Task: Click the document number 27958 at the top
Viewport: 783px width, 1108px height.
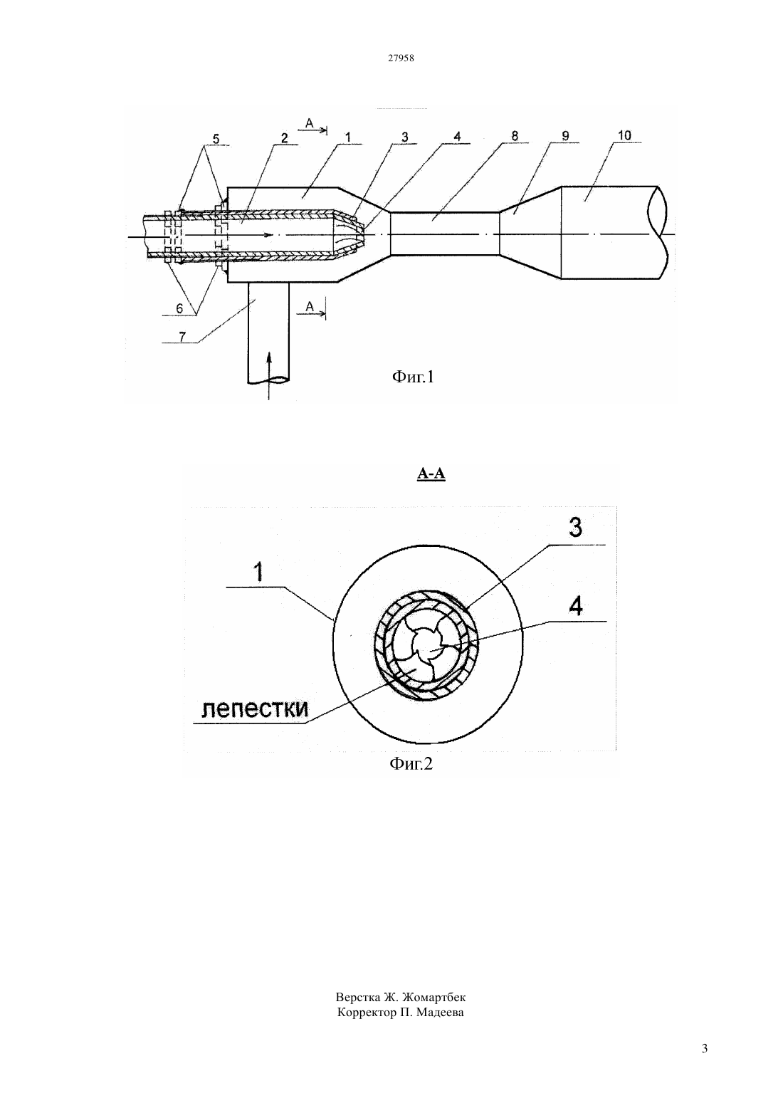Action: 401,58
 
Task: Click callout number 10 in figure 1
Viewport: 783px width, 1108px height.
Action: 624,135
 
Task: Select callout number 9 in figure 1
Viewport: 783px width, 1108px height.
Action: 565,135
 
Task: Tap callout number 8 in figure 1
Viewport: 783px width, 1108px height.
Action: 515,135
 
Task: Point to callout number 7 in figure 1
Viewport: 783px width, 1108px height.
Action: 182,337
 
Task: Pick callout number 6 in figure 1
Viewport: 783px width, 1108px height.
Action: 179,308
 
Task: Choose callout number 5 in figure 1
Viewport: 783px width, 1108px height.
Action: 216,139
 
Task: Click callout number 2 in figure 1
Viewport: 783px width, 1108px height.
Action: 284,137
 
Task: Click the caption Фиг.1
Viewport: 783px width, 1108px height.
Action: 413,377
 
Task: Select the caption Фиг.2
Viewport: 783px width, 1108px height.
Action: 411,764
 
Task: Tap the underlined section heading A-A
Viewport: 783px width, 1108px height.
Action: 431,474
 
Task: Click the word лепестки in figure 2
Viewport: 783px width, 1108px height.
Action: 255,709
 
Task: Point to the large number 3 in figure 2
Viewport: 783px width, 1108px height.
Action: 575,528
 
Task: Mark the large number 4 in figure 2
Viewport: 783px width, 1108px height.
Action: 576,606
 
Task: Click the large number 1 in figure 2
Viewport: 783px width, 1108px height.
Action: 258,573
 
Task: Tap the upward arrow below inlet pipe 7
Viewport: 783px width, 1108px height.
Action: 268,375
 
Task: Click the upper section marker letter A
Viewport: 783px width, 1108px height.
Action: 310,122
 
